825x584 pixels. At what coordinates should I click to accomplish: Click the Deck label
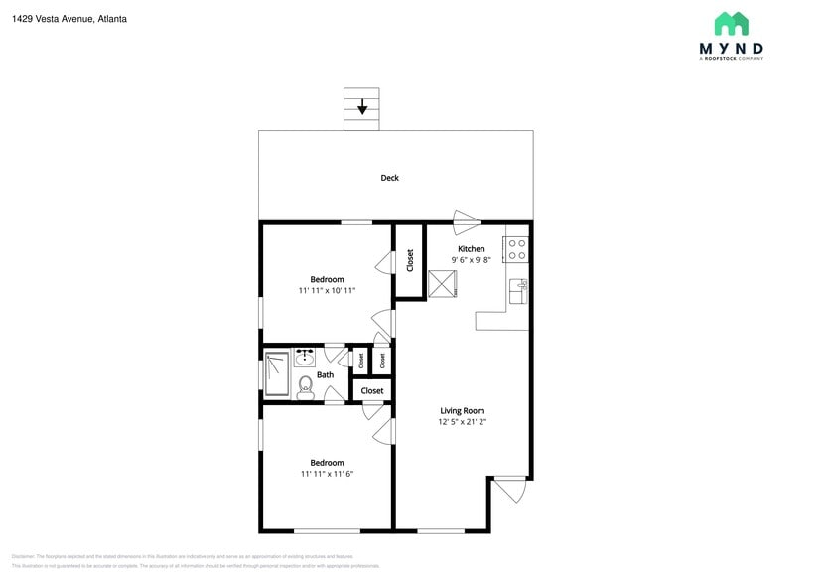[389, 178]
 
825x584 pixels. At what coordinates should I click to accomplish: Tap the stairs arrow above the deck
[361, 106]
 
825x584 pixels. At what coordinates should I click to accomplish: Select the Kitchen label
[471, 249]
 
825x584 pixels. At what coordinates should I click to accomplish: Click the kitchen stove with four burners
[516, 249]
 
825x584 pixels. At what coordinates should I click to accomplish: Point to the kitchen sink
[517, 290]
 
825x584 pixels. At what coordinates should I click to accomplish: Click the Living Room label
[462, 410]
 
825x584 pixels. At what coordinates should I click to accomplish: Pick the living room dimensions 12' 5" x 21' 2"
[462, 422]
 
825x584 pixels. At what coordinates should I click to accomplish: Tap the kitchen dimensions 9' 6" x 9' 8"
[471, 260]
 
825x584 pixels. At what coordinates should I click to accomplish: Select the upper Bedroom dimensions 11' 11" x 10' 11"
[327, 290]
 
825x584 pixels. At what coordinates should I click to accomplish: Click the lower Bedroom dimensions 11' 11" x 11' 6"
[327, 474]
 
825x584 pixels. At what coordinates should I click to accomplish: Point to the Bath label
[325, 374]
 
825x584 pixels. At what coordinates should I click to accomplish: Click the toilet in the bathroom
[306, 385]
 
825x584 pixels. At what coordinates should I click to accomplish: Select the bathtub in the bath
[277, 373]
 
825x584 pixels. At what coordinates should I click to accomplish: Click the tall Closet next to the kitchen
[409, 260]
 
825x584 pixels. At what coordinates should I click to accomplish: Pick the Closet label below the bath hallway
[372, 391]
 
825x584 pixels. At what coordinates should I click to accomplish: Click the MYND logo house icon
[731, 24]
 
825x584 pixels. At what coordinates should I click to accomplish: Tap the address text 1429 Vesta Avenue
[55, 19]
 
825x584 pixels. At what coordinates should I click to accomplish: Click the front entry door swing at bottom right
[510, 489]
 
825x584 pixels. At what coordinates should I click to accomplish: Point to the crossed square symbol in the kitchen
[442, 283]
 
